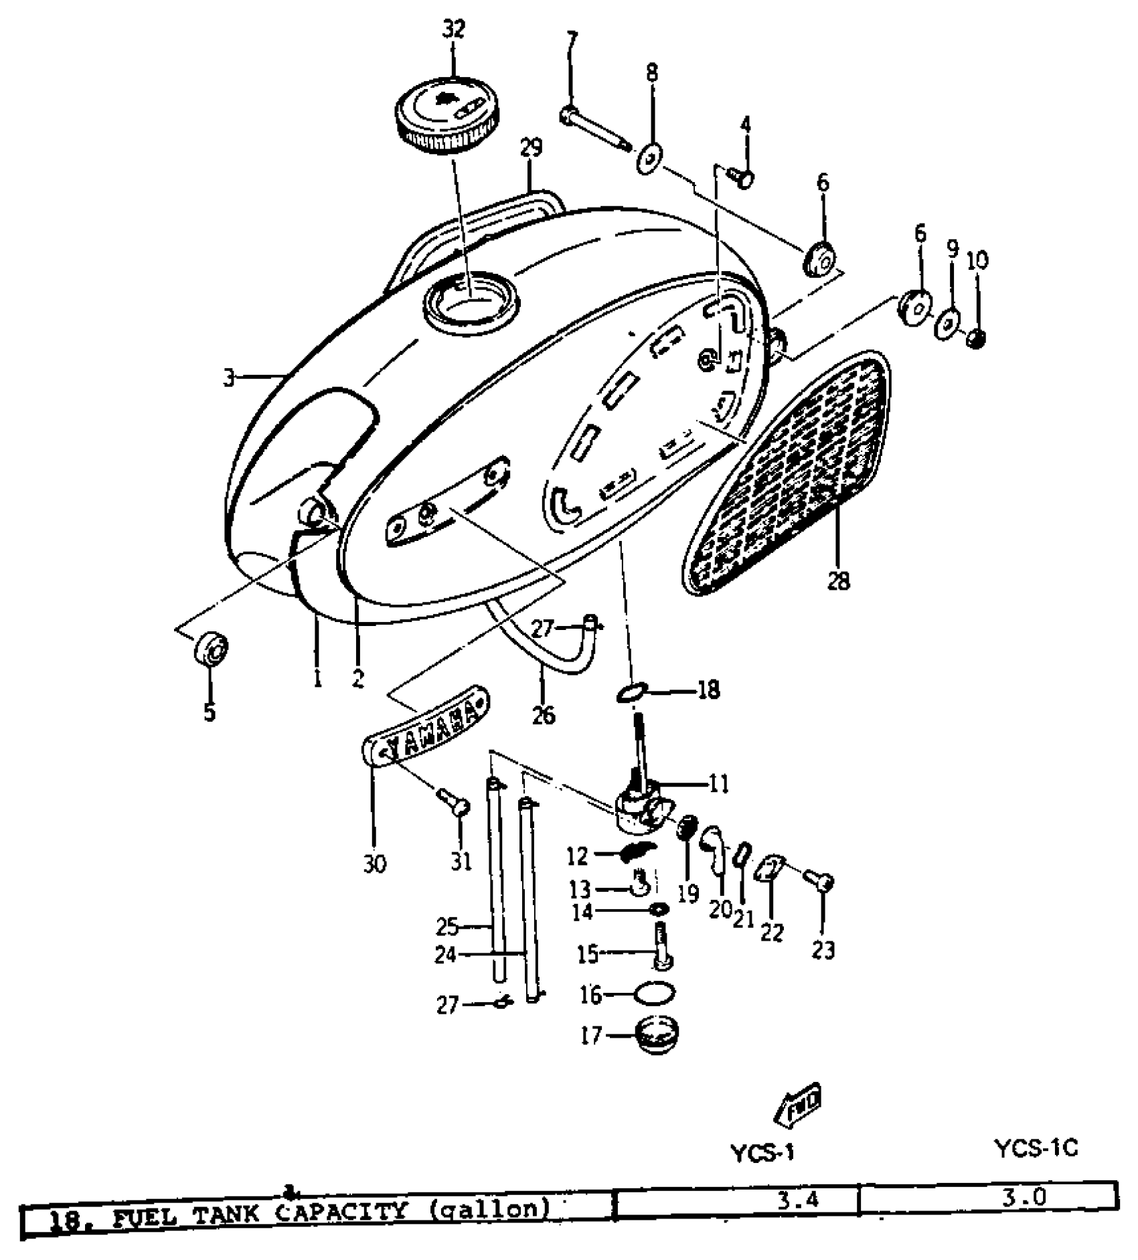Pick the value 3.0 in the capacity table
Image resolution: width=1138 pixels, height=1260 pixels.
pyautogui.click(x=1024, y=1196)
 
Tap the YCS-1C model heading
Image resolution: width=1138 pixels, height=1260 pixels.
pyautogui.click(x=1036, y=1148)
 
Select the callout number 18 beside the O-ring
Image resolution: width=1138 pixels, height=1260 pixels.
pyautogui.click(x=708, y=689)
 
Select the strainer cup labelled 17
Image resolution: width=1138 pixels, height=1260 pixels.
pyautogui.click(x=653, y=1035)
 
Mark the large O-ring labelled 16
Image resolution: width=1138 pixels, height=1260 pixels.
pyautogui.click(x=654, y=994)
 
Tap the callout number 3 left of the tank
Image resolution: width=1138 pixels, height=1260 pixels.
pyautogui.click(x=229, y=379)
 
